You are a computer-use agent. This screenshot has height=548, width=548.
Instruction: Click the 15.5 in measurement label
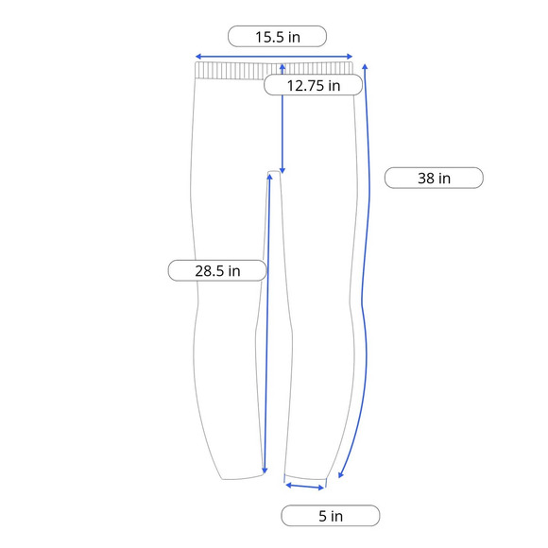[x=277, y=36]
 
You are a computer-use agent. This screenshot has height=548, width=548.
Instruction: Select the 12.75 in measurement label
[x=313, y=85]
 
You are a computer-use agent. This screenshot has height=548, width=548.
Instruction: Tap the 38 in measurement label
[x=434, y=178]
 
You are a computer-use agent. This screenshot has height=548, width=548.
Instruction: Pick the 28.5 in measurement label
[x=217, y=270]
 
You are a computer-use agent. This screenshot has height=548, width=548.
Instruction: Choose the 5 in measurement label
[x=331, y=516]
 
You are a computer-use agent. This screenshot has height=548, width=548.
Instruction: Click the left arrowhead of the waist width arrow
[x=197, y=57]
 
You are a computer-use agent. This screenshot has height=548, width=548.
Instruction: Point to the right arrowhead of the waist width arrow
[x=350, y=57]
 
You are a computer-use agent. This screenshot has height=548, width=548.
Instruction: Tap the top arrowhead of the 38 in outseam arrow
[x=365, y=67]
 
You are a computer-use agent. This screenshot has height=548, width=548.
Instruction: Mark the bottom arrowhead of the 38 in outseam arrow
[x=341, y=474]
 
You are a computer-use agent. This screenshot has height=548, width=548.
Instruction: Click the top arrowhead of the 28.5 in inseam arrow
[x=269, y=177]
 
